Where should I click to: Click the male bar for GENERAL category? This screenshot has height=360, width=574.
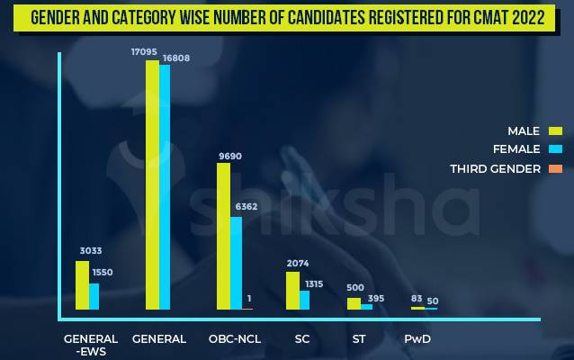pos(152,184)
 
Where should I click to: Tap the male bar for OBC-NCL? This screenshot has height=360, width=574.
pos(223,236)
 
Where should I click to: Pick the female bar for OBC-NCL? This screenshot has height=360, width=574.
pos(236,263)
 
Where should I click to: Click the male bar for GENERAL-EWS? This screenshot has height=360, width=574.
pos(82,285)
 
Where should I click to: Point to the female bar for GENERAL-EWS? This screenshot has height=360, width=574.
pos(94,296)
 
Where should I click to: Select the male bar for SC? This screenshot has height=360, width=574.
pos(292,291)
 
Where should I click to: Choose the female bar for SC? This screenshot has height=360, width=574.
pos(304,300)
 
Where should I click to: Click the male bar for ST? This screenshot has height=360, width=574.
pos(354,304)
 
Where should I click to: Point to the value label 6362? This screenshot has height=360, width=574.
pos(247,206)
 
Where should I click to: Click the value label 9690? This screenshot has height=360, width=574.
pos(229,156)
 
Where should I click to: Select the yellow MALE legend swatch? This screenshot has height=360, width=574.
pos(555,131)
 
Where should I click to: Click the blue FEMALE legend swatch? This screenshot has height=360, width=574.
pos(555,149)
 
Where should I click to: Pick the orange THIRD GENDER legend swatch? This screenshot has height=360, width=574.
pos(555,168)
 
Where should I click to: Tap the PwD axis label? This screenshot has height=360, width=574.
pos(417,339)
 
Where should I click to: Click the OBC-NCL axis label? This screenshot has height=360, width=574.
pos(235,339)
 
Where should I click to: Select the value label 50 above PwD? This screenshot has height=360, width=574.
pos(433,301)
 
